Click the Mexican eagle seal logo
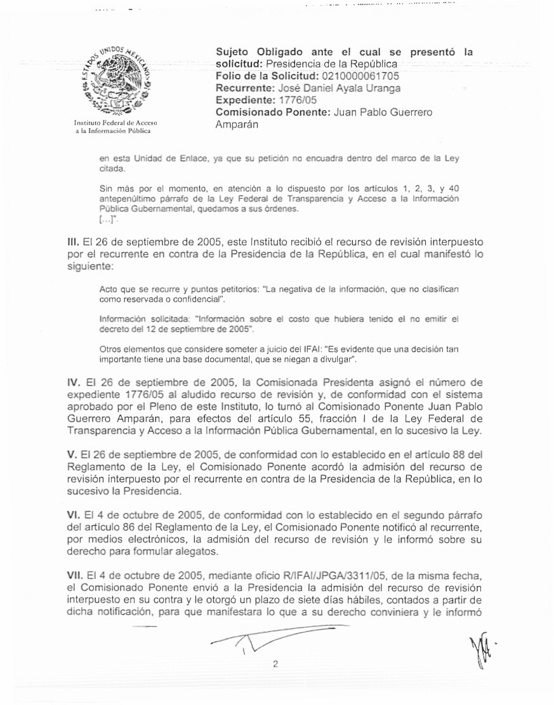(x=116, y=80)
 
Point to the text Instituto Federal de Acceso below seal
(x=115, y=123)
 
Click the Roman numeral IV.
(x=73, y=383)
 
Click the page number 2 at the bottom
(x=275, y=665)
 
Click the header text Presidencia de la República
(x=332, y=64)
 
